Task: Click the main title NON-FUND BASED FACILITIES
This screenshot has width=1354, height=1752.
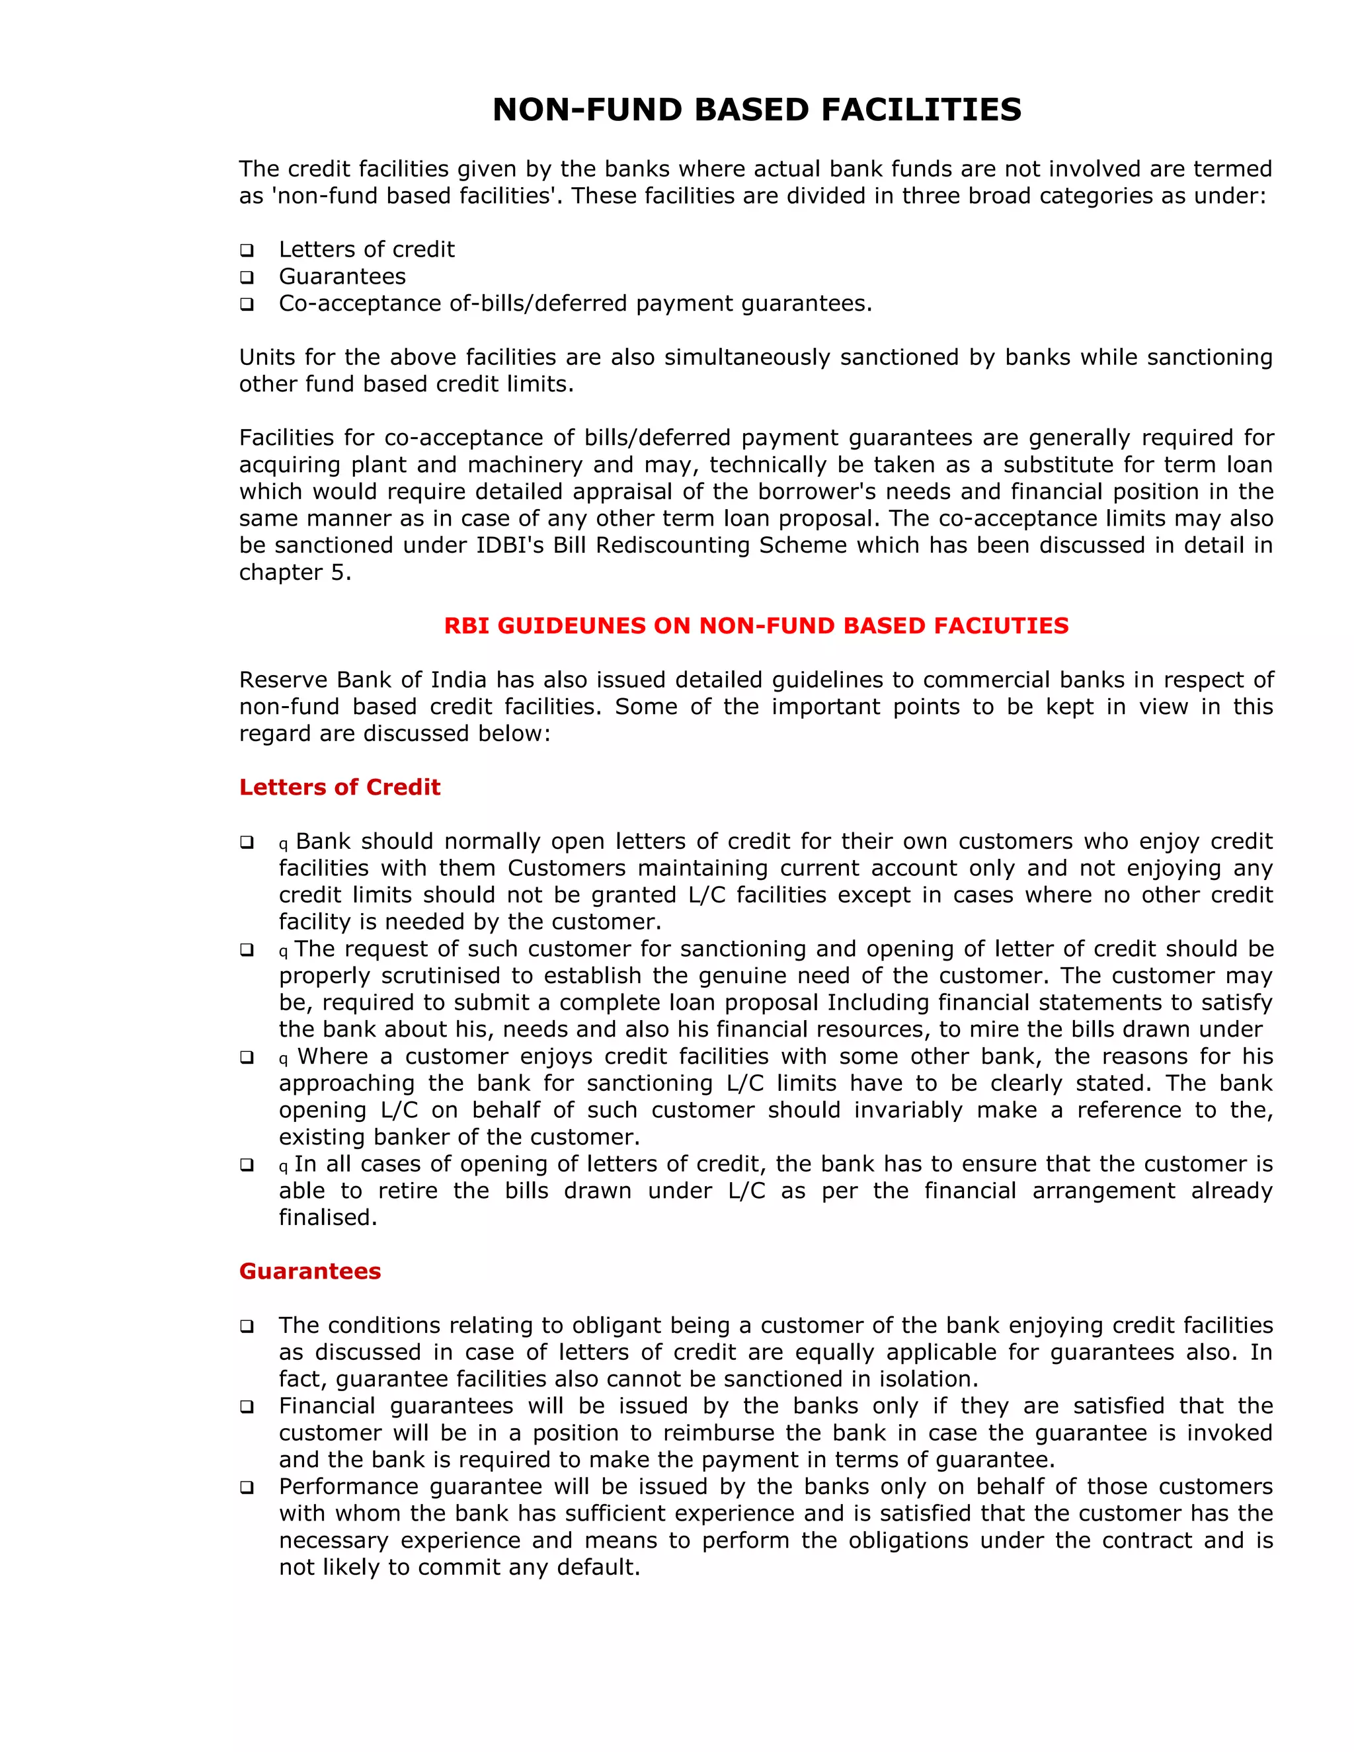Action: coord(756,110)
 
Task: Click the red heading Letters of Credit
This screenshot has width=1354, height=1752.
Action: coord(339,787)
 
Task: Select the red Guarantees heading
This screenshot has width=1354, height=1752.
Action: coord(309,1271)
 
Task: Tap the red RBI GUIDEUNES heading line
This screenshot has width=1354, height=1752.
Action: coord(756,625)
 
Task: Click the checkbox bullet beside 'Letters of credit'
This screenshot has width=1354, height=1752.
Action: coord(247,251)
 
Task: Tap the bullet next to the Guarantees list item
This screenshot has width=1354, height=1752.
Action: coord(247,278)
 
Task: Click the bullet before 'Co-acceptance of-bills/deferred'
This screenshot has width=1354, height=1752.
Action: coord(247,304)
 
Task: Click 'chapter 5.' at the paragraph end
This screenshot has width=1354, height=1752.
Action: coord(295,572)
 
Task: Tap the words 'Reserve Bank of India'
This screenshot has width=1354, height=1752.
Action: coord(362,680)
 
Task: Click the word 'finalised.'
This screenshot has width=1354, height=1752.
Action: coord(328,1218)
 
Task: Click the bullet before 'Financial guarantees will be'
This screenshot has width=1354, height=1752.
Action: coord(247,1407)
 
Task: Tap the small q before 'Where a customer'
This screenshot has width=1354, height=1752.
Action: coord(283,1059)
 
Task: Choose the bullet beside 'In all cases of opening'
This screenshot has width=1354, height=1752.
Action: coord(247,1165)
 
